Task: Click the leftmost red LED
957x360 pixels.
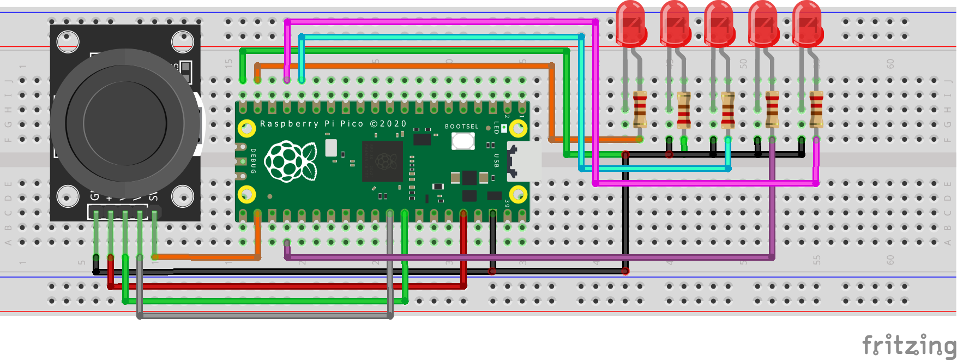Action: tap(631, 25)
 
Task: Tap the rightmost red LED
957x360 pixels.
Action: tap(808, 25)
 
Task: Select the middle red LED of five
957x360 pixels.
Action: tap(719, 25)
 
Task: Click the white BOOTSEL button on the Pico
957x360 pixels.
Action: tap(462, 141)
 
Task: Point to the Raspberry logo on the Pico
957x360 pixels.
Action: tap(291, 160)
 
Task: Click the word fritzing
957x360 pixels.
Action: tap(908, 345)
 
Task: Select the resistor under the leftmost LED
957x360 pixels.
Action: tap(640, 109)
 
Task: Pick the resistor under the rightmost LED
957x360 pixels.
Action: tap(816, 109)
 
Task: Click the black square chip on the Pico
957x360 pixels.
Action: tap(382, 161)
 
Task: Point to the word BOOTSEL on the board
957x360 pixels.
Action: tap(461, 127)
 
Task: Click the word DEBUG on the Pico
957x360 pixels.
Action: tap(254, 161)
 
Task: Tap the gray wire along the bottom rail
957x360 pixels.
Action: tap(264, 315)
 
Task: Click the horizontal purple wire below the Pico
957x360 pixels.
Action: tap(529, 256)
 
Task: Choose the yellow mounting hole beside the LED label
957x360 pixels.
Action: tap(518, 129)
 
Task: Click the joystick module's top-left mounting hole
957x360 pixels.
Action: tap(68, 42)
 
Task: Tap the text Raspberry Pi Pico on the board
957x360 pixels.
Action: tap(311, 124)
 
